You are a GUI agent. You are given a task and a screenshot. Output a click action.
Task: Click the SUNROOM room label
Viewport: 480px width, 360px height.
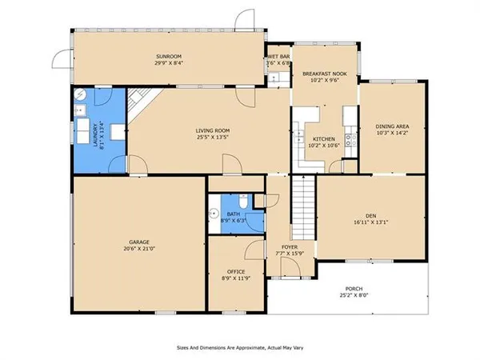click(169, 55)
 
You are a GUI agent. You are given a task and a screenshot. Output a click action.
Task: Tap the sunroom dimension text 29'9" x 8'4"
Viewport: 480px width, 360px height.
click(169, 62)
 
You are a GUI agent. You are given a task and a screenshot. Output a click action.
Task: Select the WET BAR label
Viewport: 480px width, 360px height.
click(278, 57)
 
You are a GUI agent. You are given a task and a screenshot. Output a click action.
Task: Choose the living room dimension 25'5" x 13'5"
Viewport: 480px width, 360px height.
click(214, 138)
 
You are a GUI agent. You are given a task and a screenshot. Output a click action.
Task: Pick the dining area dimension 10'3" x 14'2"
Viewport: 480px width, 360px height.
click(391, 134)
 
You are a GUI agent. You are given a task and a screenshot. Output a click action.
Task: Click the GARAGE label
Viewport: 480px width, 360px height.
click(141, 241)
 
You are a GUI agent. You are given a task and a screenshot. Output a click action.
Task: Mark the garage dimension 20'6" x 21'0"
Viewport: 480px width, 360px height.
click(141, 248)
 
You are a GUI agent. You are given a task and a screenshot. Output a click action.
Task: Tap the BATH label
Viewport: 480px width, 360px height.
click(233, 214)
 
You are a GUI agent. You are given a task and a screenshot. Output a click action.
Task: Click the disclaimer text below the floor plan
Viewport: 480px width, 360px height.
click(240, 348)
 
